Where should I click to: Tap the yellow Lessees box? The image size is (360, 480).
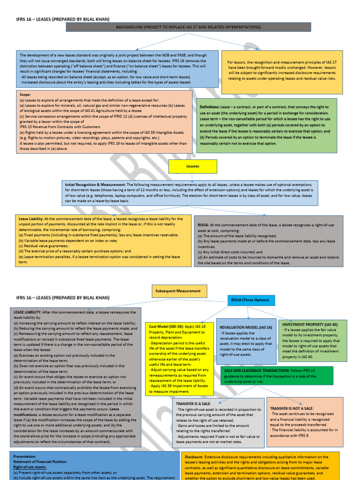point(193,166)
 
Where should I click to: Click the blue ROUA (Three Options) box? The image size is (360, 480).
point(251,300)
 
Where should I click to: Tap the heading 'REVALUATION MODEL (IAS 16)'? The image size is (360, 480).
point(246,327)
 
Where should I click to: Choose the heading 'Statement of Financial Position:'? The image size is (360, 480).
point(40,462)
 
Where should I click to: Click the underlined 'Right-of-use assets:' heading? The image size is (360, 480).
point(29,467)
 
